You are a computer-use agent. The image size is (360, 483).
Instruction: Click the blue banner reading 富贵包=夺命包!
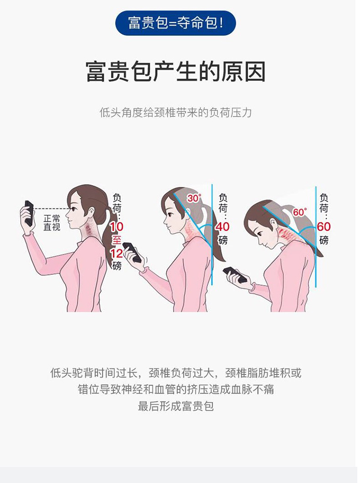pyautogui.click(x=175, y=23)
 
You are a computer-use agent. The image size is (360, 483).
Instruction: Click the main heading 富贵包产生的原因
pyautogui.click(x=175, y=71)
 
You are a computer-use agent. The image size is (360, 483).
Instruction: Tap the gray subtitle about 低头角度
pyautogui.click(x=175, y=112)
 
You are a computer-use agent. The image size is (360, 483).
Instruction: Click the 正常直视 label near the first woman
pyautogui.click(x=51, y=223)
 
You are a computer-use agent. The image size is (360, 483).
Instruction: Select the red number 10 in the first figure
pyautogui.click(x=117, y=227)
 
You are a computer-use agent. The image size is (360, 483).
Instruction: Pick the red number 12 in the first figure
pyautogui.click(x=117, y=254)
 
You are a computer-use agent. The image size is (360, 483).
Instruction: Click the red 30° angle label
pyautogui.click(x=194, y=198)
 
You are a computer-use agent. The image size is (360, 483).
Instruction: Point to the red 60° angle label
pyautogui.click(x=300, y=212)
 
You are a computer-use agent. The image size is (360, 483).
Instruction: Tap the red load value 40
pyautogui.click(x=222, y=227)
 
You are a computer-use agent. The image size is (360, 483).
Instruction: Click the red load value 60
pyautogui.click(x=324, y=227)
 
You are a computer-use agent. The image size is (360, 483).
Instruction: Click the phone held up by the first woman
pyautogui.click(x=29, y=213)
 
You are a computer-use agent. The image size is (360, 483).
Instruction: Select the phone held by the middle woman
pyautogui.click(x=132, y=252)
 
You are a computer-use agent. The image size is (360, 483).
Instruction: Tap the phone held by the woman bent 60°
pyautogui.click(x=235, y=275)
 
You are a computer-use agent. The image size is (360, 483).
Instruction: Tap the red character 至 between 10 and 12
pyautogui.click(x=117, y=240)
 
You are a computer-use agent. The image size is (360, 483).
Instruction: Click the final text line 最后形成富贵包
pyautogui.click(x=175, y=406)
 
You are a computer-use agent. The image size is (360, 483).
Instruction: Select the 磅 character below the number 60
pyautogui.click(x=324, y=240)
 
